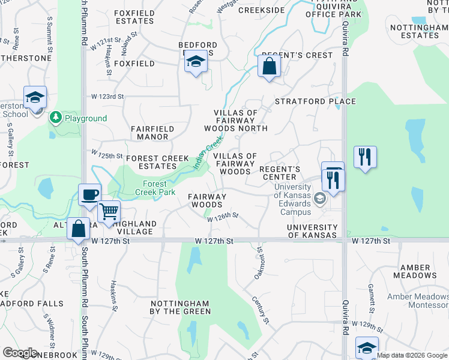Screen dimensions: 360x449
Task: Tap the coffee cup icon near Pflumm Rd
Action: (90, 194)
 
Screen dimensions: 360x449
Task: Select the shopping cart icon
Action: (109, 211)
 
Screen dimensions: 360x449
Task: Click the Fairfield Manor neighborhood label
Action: (153, 133)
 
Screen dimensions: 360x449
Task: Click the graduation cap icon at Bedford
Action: (195, 62)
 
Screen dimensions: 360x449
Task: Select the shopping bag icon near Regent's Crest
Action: (269, 65)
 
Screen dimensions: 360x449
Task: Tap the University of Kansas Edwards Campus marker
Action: (320, 199)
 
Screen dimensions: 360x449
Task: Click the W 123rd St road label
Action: (107, 97)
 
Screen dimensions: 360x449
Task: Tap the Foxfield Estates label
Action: (134, 16)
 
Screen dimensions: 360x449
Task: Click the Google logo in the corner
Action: (20, 353)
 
